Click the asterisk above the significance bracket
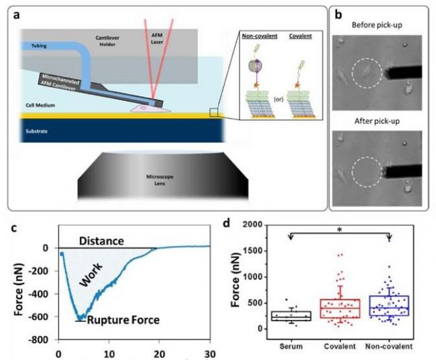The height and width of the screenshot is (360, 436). coord(340,229)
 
